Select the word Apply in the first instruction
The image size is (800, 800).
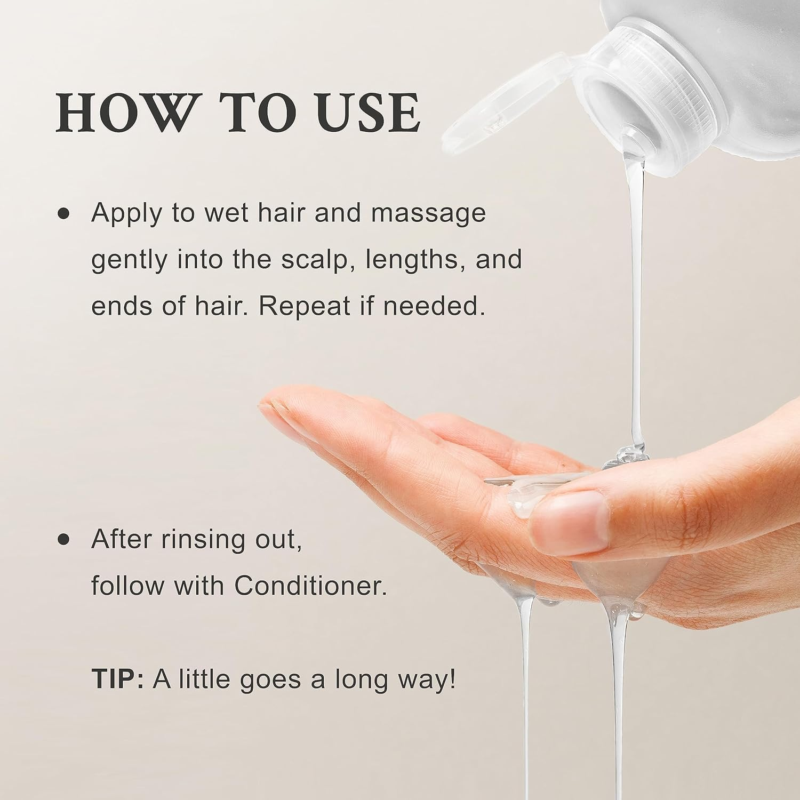pos(127,214)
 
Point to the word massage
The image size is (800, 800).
pos(428,214)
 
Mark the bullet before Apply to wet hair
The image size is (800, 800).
pos(63,214)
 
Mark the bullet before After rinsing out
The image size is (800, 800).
pos(63,539)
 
